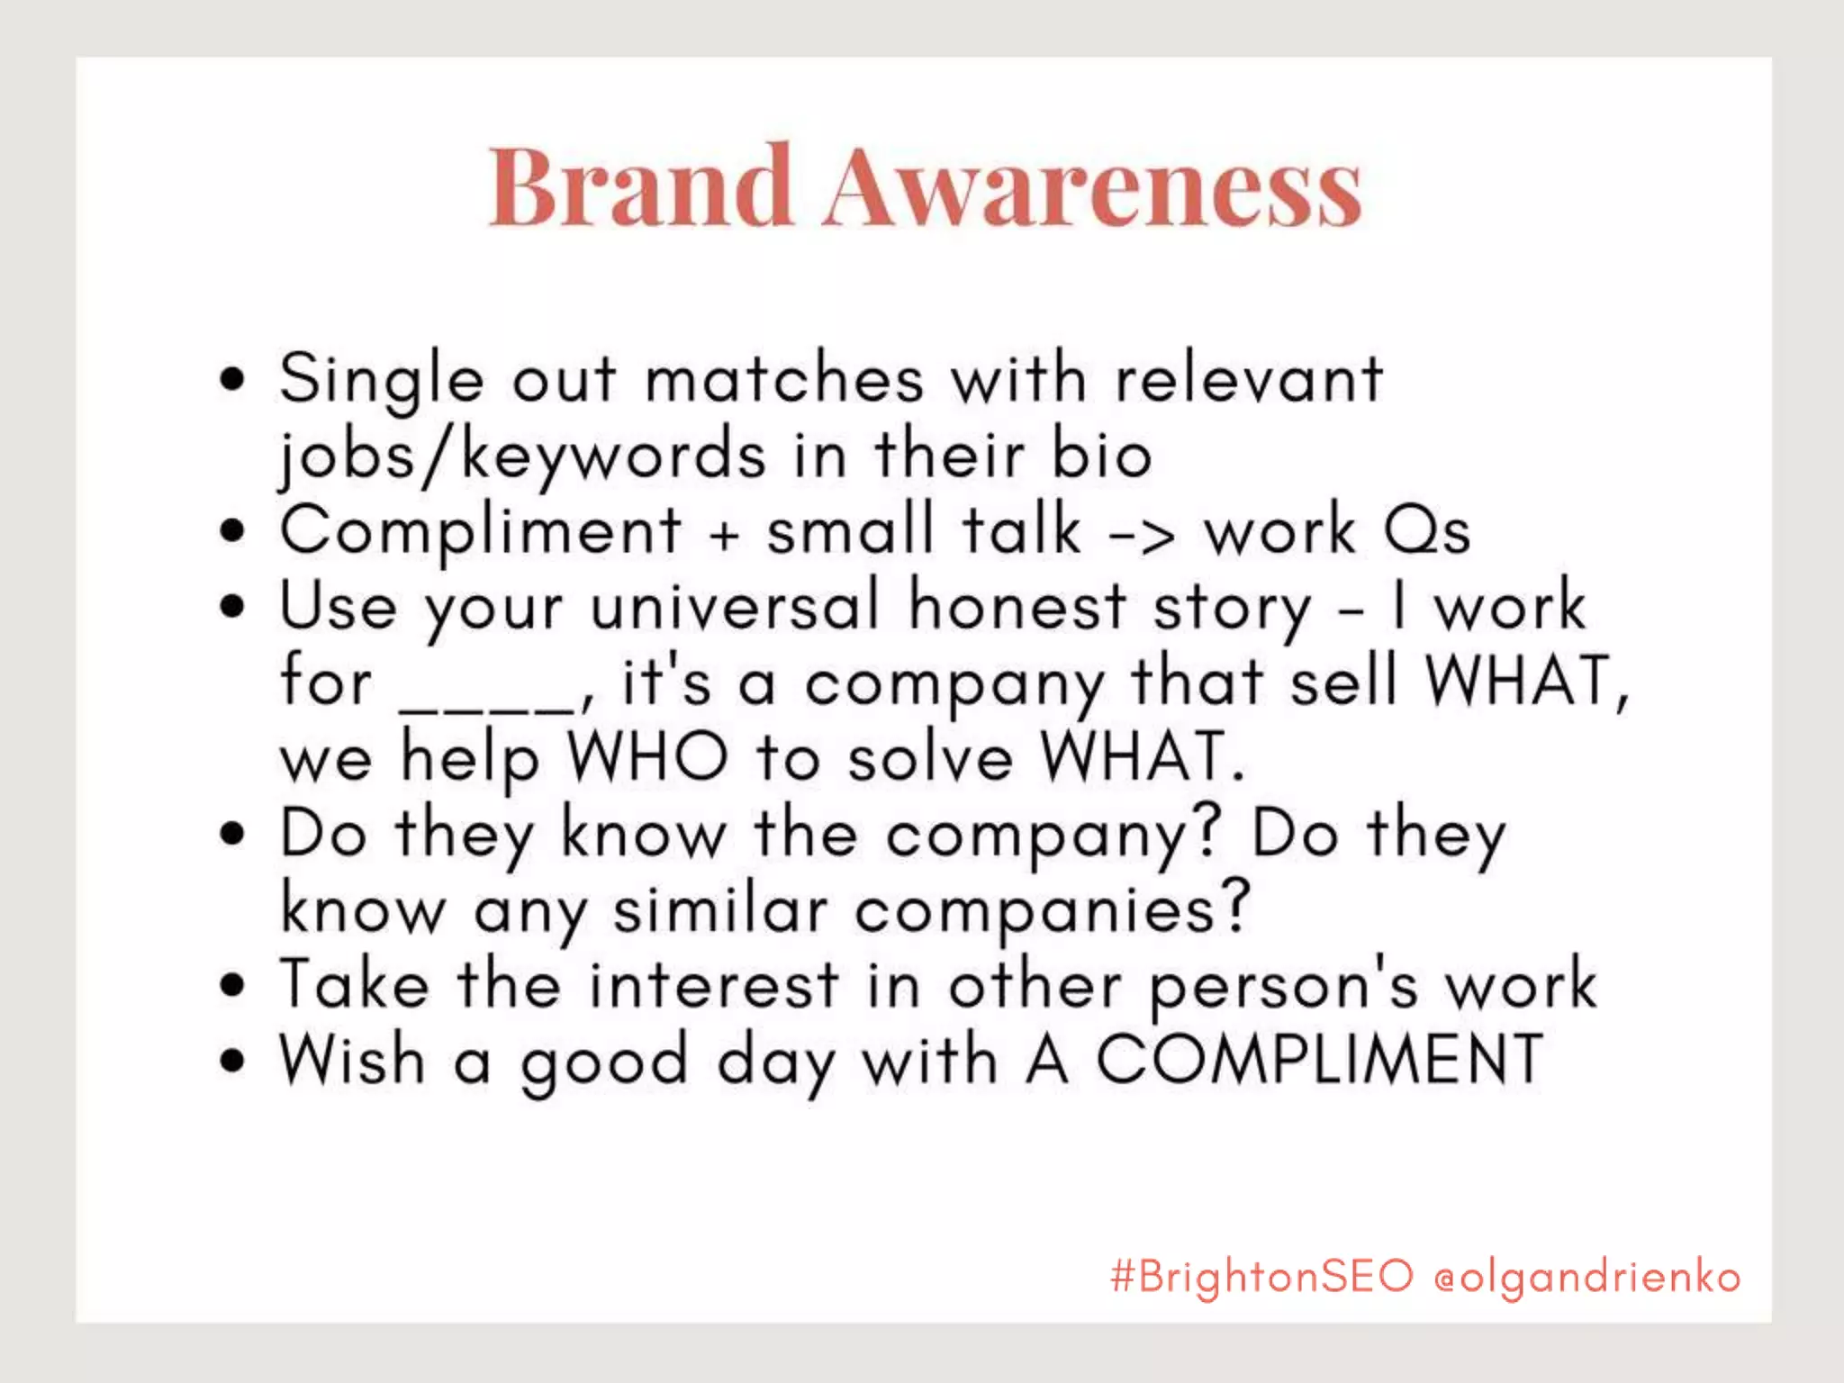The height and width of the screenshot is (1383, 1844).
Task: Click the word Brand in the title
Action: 640,185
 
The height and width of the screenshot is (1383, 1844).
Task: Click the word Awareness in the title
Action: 1091,187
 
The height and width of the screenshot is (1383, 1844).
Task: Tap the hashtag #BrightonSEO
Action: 1261,1276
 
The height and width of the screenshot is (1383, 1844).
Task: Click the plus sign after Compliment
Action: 724,534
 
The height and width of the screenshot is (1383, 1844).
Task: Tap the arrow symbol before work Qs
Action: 1142,534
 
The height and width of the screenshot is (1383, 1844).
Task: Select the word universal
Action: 734,606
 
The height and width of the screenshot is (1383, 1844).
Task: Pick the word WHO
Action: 646,757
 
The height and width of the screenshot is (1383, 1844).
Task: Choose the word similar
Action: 720,909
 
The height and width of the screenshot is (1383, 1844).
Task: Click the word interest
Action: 714,985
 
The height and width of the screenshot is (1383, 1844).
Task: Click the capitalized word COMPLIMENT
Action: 1319,1060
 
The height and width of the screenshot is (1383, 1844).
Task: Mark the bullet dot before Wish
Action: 231,1060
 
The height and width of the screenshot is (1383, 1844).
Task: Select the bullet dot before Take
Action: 231,984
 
